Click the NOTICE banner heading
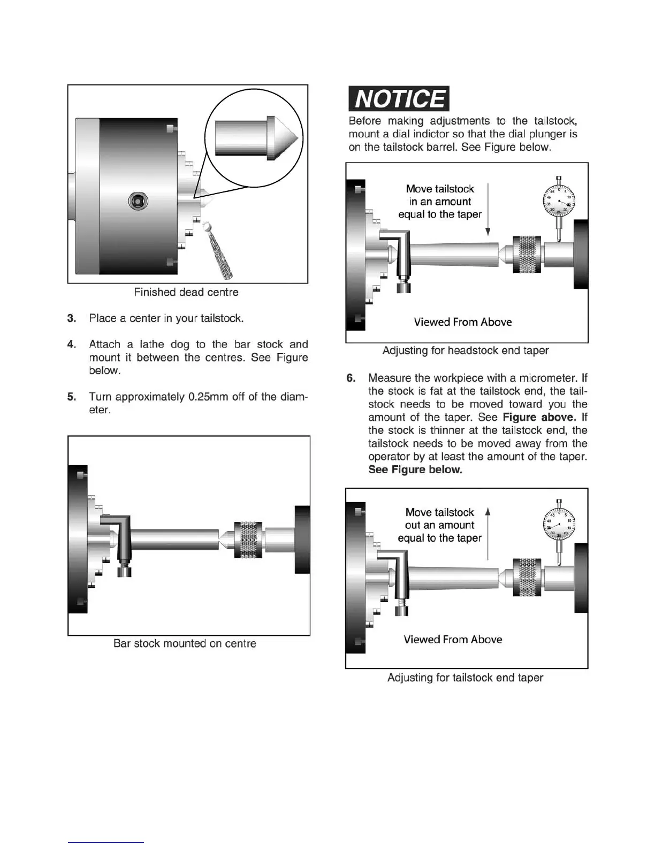pos(399,99)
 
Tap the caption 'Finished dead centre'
pos(186,292)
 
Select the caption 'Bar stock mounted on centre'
pos(185,644)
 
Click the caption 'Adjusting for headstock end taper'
pos(466,351)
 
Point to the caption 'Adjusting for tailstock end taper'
pos(465,678)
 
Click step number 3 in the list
pos(72,319)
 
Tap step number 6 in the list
pos(351,379)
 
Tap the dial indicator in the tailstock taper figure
pos(559,523)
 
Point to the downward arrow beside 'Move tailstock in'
pos(488,209)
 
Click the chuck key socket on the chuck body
pos(138,201)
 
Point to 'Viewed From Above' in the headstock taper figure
pos(463,322)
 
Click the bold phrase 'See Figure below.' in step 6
pos(415,470)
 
